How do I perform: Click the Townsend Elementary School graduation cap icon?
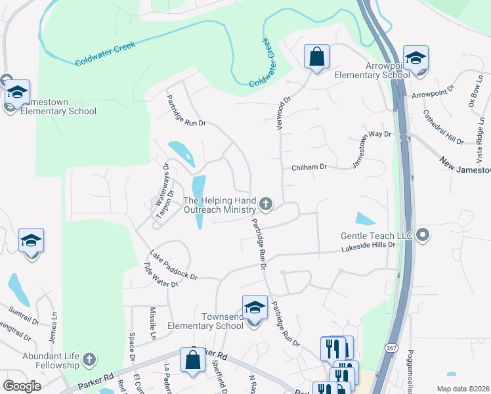255,307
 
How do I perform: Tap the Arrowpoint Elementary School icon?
416,58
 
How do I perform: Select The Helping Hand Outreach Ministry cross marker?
266,204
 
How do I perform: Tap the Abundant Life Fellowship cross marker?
90,360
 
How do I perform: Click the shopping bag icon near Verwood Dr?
316,57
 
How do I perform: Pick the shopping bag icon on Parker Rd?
192,361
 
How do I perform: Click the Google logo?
22,385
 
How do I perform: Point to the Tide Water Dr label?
161,275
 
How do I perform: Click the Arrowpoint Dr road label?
433,91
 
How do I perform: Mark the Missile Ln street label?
153,322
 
